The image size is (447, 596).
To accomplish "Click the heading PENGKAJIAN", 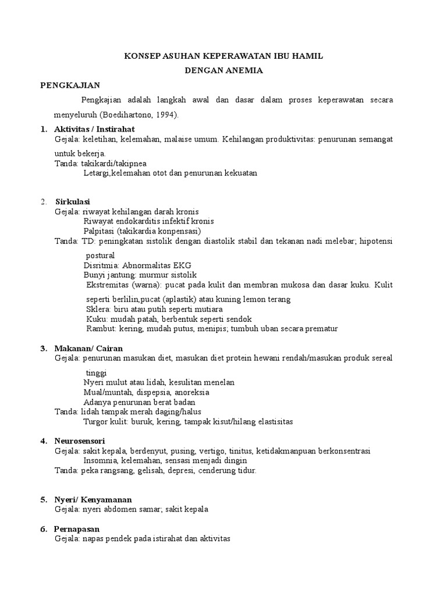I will [70, 85].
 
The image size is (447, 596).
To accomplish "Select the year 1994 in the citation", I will [167, 115].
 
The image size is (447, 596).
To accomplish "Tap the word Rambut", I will [100, 328].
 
